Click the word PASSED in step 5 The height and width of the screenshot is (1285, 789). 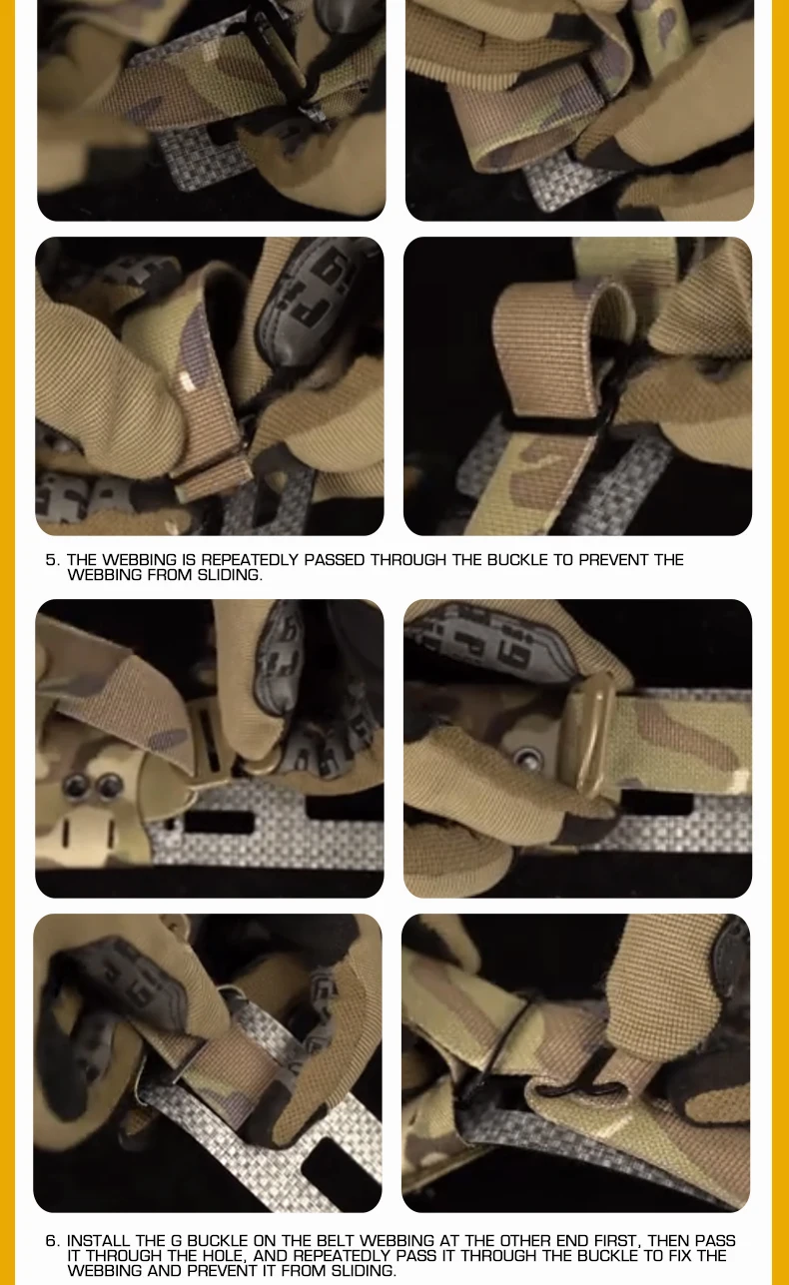334,559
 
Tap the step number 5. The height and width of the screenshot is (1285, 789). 52,560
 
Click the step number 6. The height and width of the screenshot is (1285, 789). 52,1241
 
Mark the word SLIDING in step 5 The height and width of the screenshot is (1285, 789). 230,575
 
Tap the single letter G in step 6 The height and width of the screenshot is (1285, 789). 176,1241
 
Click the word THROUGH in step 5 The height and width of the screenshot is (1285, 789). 408,559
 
